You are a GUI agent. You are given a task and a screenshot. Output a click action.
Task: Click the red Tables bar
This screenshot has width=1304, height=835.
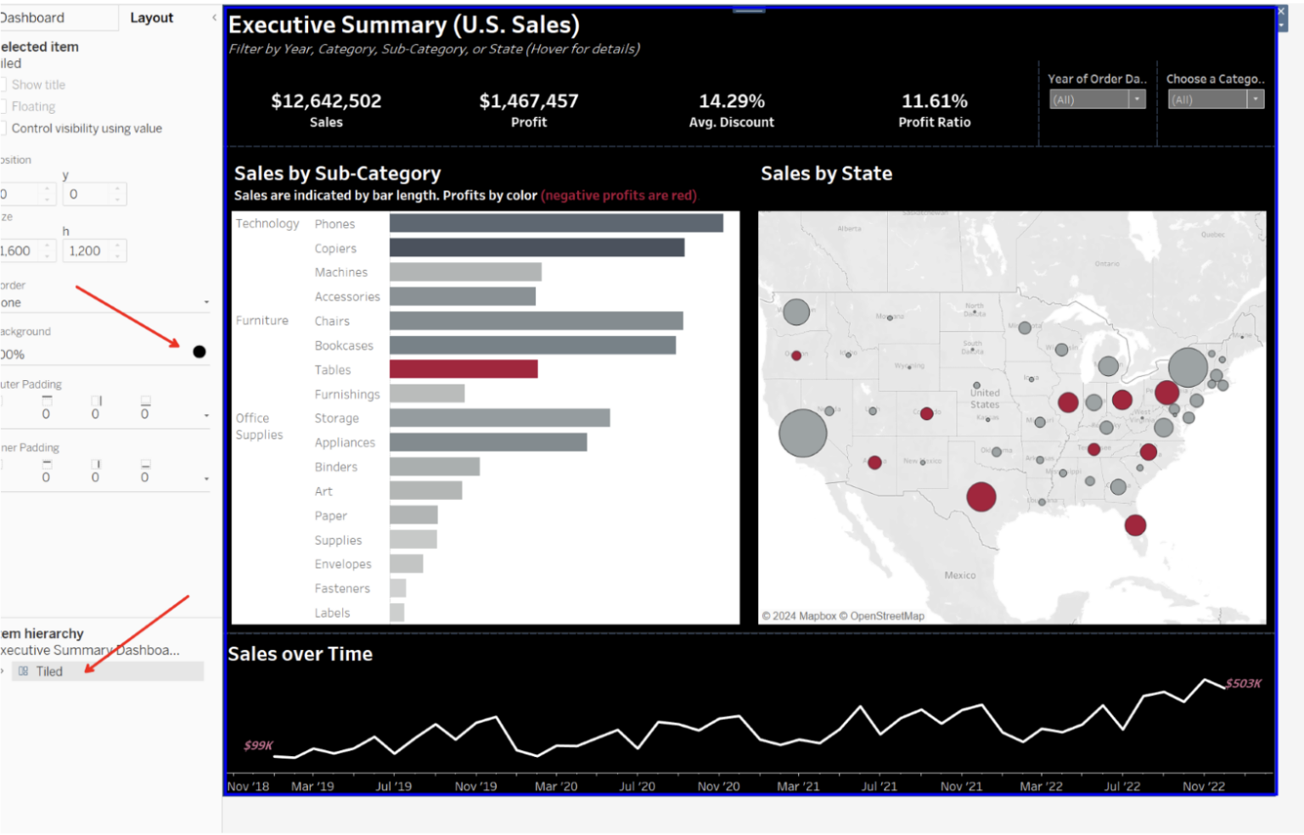tap(463, 369)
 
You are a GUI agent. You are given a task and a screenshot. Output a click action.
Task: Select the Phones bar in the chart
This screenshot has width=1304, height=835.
tap(556, 223)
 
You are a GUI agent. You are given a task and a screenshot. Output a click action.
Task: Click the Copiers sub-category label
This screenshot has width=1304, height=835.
tap(335, 249)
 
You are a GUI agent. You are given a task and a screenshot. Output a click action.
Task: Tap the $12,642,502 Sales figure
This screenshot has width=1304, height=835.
tap(326, 101)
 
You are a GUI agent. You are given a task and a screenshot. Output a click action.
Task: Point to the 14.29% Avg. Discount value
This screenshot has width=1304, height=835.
tap(732, 101)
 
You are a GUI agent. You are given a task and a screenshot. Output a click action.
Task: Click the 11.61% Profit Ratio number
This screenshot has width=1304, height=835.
tap(934, 101)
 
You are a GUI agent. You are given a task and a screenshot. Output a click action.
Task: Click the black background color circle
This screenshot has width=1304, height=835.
tap(200, 352)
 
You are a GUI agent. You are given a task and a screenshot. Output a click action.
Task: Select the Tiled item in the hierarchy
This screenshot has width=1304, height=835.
tap(49, 671)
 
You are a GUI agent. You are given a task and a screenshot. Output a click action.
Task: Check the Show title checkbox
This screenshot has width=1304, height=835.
tap(4, 85)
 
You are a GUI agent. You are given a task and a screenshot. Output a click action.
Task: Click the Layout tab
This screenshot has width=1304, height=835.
tap(151, 18)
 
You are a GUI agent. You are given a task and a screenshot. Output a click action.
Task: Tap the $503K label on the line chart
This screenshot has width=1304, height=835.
tap(1244, 683)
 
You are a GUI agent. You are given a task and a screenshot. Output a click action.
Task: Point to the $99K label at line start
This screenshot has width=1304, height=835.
tap(258, 745)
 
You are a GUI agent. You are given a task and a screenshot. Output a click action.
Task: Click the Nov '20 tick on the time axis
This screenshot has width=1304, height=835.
tap(718, 787)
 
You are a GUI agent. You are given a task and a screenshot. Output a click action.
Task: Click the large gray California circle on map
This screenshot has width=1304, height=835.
tap(802, 433)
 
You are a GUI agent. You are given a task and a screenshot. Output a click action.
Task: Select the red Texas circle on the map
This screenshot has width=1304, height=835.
tap(981, 496)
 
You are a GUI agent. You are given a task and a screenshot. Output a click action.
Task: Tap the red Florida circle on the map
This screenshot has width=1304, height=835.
tap(1135, 525)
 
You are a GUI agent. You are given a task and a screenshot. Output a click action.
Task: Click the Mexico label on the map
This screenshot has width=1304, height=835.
tap(960, 575)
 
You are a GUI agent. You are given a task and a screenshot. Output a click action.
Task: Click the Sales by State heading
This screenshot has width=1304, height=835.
tap(826, 174)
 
